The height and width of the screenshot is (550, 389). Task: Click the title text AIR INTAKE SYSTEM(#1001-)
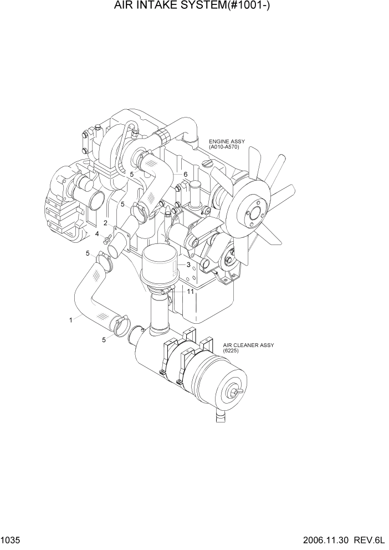point(194,7)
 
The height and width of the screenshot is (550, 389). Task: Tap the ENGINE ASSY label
point(227,142)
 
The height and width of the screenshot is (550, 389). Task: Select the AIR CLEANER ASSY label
point(249,345)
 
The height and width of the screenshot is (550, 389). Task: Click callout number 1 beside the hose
point(71,320)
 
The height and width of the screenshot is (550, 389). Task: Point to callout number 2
point(105,223)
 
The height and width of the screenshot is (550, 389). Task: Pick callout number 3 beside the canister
point(188,265)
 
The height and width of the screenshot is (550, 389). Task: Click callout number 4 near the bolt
point(98,235)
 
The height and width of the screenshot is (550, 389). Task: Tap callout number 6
point(185,175)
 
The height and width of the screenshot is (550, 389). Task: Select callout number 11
point(190,291)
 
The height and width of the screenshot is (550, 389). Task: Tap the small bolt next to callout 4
point(106,238)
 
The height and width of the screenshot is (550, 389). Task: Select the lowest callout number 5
point(104,340)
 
